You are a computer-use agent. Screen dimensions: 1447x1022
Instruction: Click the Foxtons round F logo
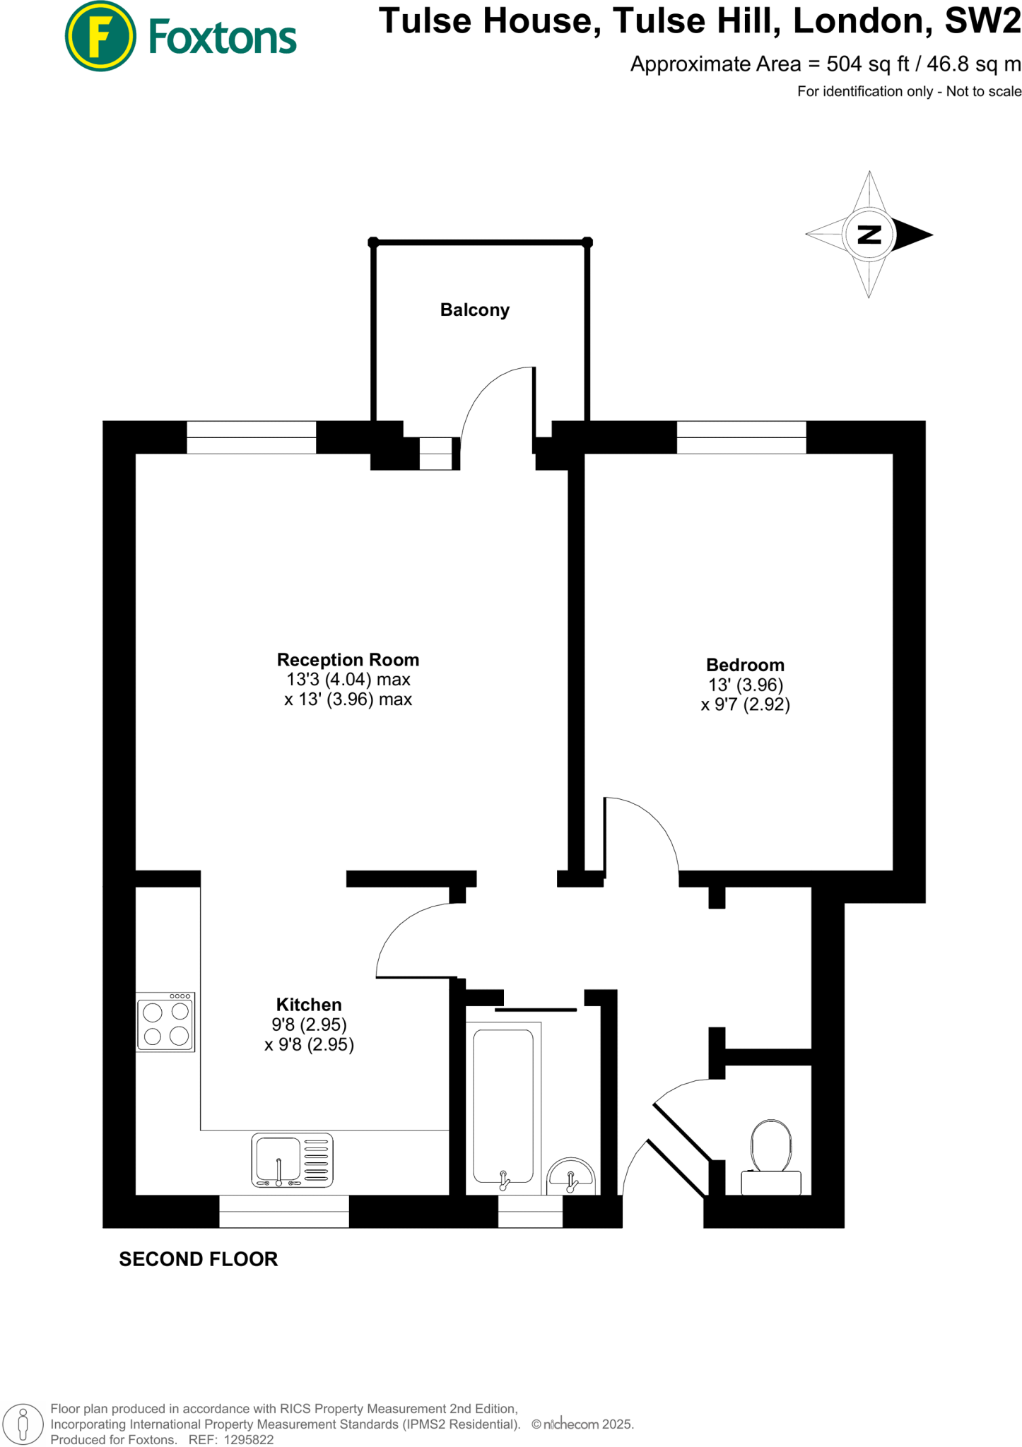click(100, 36)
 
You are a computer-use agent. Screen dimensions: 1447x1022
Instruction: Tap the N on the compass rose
click(869, 235)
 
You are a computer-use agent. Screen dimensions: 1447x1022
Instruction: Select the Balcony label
click(474, 310)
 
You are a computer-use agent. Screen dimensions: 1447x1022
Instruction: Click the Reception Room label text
click(348, 660)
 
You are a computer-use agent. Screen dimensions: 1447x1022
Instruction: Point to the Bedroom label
click(745, 665)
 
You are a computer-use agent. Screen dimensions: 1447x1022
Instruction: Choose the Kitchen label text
click(309, 1005)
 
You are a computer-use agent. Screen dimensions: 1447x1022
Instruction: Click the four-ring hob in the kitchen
click(166, 1022)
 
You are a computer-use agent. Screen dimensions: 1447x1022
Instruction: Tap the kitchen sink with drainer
click(292, 1160)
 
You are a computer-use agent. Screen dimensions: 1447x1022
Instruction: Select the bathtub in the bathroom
click(503, 1106)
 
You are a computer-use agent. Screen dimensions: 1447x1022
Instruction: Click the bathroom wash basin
click(571, 1176)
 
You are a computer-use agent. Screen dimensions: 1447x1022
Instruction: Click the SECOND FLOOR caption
click(199, 1259)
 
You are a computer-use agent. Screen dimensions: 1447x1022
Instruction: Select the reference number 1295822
click(248, 1439)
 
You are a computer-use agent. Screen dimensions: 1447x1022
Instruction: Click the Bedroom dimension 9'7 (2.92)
click(745, 704)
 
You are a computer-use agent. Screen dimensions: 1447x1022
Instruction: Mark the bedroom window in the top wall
click(741, 437)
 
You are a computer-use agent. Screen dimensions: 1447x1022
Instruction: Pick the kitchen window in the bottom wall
click(284, 1211)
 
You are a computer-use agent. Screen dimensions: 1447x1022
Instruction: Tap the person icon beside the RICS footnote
click(23, 1423)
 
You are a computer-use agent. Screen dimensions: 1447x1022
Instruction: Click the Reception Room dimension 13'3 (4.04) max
click(348, 680)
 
